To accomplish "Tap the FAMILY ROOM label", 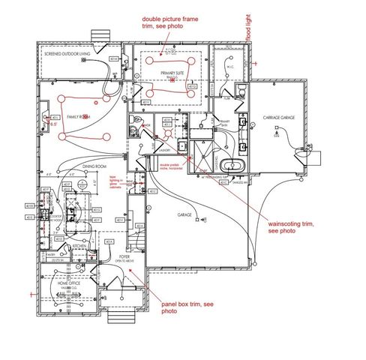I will point(77,116).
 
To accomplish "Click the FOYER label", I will point(124,256).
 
